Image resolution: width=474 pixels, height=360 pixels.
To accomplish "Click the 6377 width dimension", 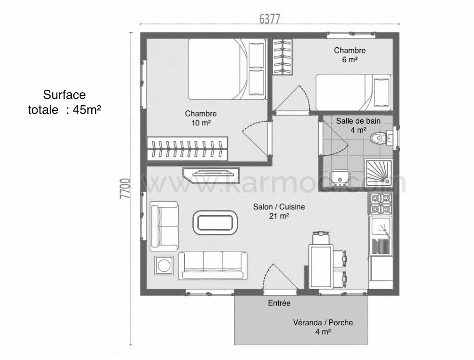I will click(270, 18).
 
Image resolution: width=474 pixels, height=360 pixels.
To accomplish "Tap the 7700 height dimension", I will click(125, 189).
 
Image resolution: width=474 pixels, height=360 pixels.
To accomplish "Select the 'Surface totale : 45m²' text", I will click(64, 102).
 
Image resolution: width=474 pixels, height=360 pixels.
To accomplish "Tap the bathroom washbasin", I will click(340, 178).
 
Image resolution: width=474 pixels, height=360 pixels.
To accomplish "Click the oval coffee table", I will click(216, 222).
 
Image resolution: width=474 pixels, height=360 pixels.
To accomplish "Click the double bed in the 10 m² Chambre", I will click(227, 69).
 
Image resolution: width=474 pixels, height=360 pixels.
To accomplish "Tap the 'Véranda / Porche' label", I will click(323, 323).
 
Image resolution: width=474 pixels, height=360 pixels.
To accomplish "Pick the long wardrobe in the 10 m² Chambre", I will click(187, 149).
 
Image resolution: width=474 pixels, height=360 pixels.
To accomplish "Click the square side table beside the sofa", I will click(164, 265).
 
